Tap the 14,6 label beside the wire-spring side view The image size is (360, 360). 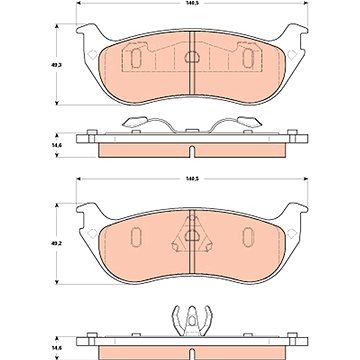[52, 145]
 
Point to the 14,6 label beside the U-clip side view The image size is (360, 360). [52, 349]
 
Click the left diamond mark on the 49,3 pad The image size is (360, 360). [91, 54]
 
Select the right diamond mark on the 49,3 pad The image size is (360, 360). [292, 54]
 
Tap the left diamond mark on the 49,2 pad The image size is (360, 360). [91, 234]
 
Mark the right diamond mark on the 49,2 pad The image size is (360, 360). [292, 234]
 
